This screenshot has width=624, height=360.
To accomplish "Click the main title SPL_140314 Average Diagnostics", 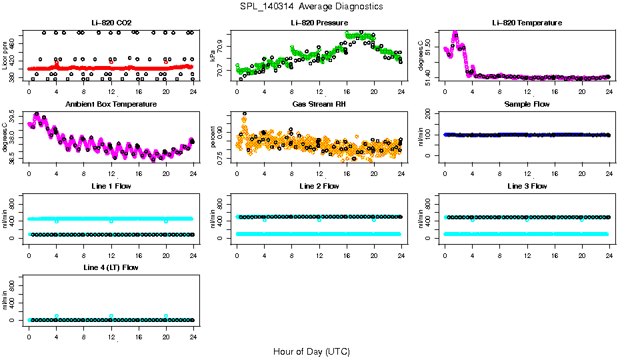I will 312,6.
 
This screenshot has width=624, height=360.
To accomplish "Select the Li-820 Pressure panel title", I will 319,23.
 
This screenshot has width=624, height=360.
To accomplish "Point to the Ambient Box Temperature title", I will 111,105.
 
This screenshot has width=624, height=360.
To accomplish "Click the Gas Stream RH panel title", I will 319,105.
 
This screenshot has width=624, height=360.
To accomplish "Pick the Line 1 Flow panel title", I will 111,186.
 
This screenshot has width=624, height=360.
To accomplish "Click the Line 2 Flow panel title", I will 319,186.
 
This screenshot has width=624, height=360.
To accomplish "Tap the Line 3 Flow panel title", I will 527,186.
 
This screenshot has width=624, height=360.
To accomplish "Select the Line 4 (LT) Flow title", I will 111,267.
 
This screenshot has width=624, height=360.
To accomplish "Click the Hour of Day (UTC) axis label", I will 311,351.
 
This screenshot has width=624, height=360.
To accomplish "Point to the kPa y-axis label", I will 213,55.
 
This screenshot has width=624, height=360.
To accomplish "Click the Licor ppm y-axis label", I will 5,55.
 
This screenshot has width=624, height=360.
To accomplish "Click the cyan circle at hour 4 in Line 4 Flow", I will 57,316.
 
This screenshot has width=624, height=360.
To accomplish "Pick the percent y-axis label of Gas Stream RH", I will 213,137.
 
